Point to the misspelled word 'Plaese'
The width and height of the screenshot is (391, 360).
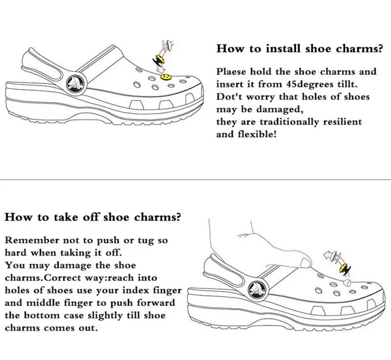tap(233, 71)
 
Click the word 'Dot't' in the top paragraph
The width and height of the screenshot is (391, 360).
tap(228, 96)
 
